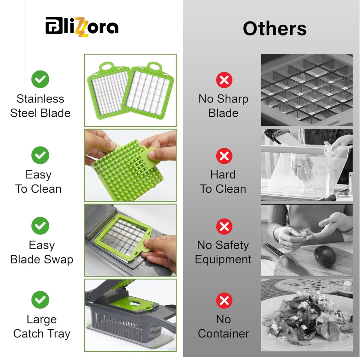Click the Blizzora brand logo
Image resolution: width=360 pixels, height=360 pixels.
click(82, 27)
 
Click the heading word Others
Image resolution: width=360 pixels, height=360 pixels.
click(274, 28)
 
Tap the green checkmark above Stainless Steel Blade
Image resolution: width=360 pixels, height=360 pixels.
click(40, 79)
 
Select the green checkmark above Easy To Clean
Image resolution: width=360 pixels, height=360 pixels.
click(40, 155)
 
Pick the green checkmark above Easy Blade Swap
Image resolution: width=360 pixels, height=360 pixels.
click(40, 226)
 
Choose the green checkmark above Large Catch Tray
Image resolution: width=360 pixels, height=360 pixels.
click(40, 300)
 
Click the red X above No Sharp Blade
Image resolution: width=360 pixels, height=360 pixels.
click(224, 80)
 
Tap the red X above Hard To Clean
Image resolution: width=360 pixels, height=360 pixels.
click(224, 156)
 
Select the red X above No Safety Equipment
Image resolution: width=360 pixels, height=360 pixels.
click(224, 226)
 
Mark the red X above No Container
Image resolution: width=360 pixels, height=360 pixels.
click(224, 301)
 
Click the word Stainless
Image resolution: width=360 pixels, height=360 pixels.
click(40, 99)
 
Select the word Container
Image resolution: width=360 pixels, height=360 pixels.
click(223, 334)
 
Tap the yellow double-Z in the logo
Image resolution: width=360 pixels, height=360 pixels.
click(82, 27)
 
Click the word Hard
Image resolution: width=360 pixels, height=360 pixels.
click(223, 175)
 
